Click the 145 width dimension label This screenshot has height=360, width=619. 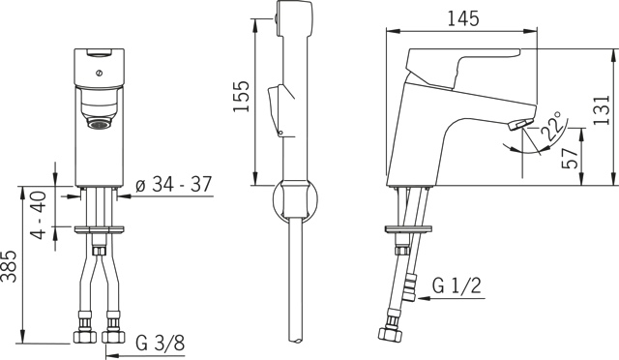[x=463, y=18]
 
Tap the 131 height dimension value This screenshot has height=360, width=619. [x=602, y=110]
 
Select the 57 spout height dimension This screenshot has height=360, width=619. [x=570, y=159]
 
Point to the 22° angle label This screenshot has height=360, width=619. [x=552, y=126]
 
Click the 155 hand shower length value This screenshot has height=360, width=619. [x=241, y=97]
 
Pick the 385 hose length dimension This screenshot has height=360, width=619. [x=9, y=266]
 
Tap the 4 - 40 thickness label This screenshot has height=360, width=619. [x=39, y=215]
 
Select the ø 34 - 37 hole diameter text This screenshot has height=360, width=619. [x=173, y=184]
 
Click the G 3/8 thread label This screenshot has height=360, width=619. [x=161, y=343]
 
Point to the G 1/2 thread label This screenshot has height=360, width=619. [x=457, y=285]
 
